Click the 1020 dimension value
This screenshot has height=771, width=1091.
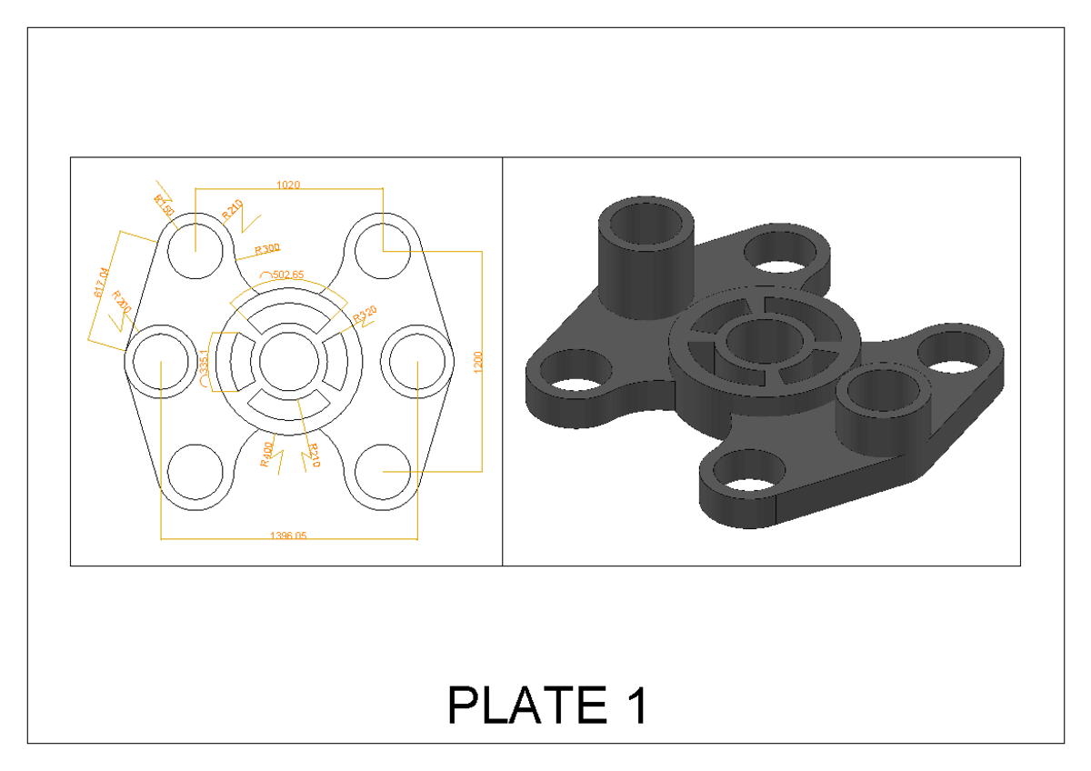pos(288,185)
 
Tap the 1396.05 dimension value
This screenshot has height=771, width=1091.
pos(288,536)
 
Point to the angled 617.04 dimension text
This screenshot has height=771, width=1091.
pos(101,282)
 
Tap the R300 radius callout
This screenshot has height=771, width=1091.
pos(267,247)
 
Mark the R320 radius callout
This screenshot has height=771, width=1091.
pos(365,315)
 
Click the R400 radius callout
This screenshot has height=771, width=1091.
pos(266,453)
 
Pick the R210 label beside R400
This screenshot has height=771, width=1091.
pos(314,455)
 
